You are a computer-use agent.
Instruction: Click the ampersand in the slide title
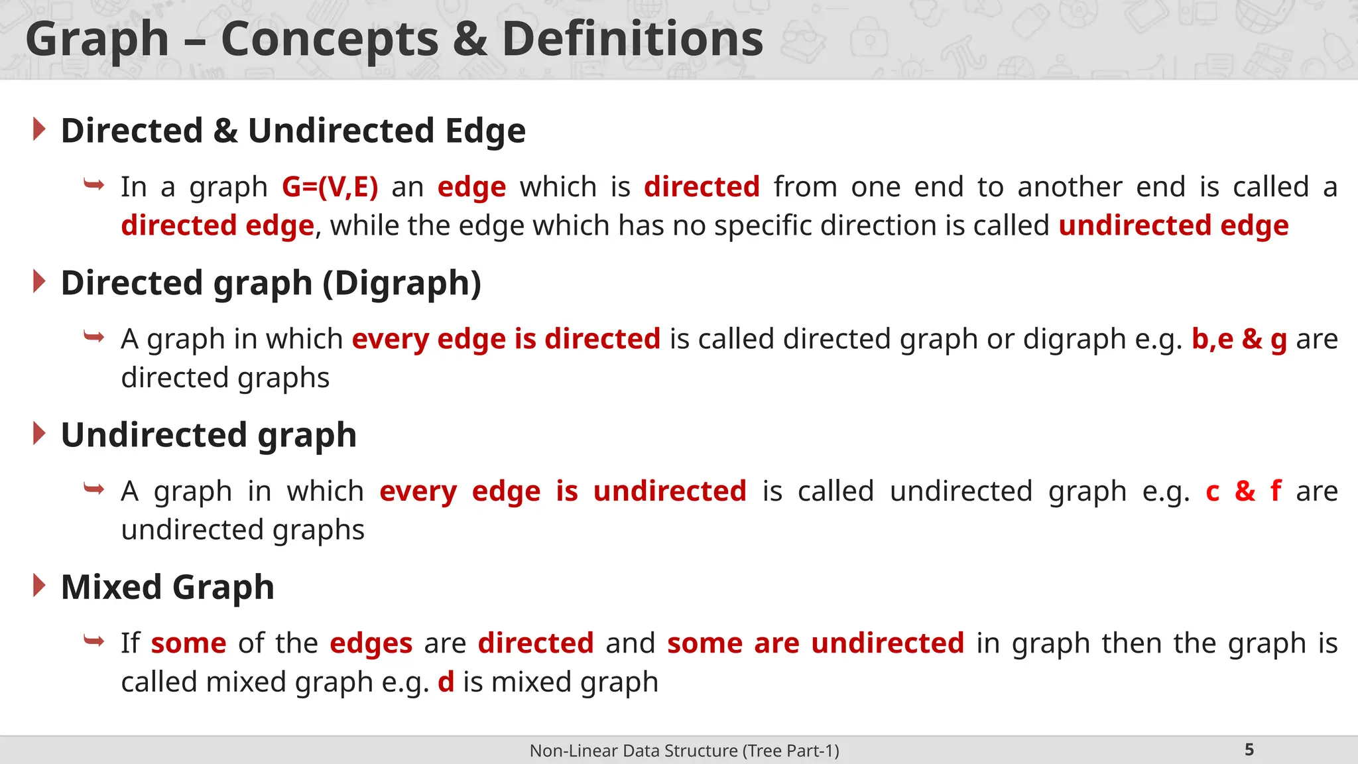click(469, 38)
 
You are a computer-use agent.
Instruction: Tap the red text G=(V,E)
click(330, 187)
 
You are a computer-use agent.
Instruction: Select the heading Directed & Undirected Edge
click(293, 131)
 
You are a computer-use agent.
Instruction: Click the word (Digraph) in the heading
click(402, 283)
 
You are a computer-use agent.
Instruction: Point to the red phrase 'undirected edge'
click(1173, 225)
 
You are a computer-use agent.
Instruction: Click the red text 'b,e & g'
click(1239, 339)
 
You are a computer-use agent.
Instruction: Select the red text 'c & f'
click(1243, 491)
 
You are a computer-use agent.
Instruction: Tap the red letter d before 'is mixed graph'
click(446, 682)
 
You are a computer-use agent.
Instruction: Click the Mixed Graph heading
click(167, 588)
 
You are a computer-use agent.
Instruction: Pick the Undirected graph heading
click(208, 435)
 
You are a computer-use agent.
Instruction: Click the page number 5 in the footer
click(1249, 750)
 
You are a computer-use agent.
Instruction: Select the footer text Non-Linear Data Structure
click(684, 751)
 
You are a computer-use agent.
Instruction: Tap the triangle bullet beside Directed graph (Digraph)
click(39, 282)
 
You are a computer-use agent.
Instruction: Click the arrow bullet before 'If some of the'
click(93, 641)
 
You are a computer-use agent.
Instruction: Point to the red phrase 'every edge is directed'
click(506, 339)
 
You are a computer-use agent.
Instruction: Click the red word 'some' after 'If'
click(188, 643)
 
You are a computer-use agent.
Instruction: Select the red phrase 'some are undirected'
click(815, 643)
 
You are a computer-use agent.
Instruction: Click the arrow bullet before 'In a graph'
click(93, 184)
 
